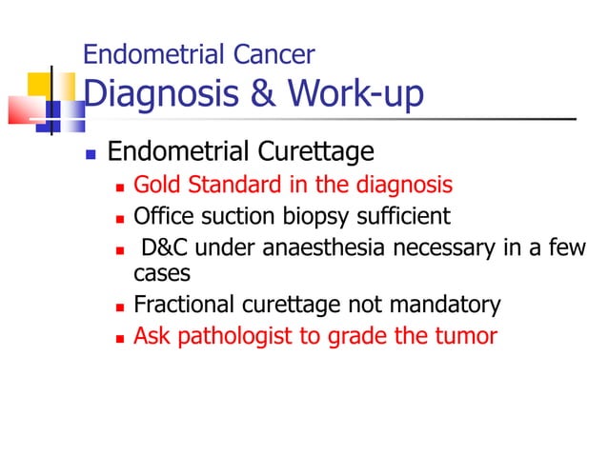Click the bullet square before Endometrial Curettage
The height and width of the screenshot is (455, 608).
pyautogui.click(x=91, y=153)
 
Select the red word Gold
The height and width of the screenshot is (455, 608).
pyautogui.click(x=155, y=185)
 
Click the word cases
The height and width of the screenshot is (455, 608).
pyautogui.click(x=162, y=273)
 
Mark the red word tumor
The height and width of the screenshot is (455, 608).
pyautogui.click(x=468, y=336)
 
